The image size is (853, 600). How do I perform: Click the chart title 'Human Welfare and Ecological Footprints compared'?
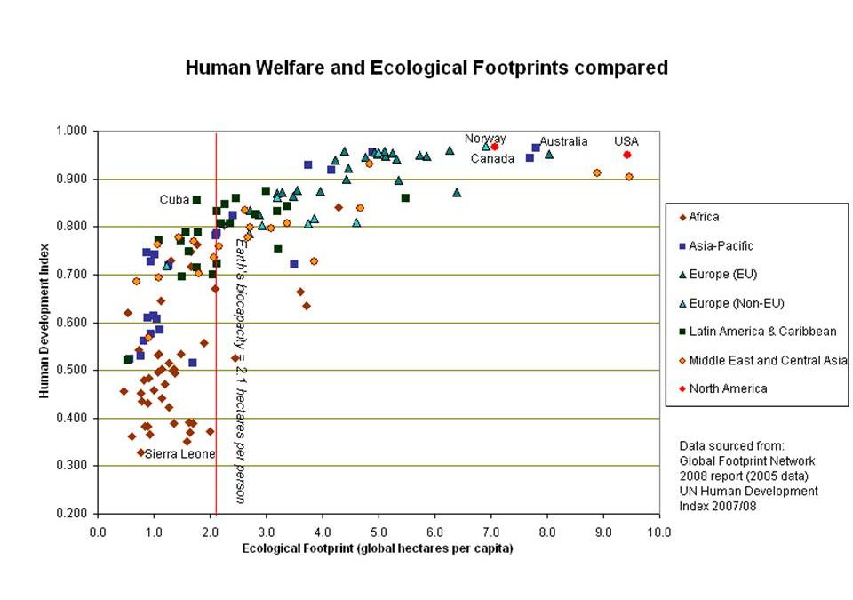coord(426,68)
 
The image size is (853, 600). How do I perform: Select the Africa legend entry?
coord(704,217)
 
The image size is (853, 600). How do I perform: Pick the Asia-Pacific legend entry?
coord(721,246)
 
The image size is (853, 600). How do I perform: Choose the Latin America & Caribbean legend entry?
coord(762,332)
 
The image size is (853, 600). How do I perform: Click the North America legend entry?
coord(728,388)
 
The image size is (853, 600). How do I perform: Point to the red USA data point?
coord(626,155)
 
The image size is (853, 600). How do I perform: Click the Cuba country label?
coord(174,200)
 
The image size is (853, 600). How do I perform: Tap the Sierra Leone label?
coord(179,454)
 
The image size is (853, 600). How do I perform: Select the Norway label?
coord(485,139)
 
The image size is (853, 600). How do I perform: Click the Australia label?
coord(563,141)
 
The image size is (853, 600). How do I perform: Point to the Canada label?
coord(492,159)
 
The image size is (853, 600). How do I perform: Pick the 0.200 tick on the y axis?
coord(72,514)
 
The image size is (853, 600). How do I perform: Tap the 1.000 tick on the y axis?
coord(72,131)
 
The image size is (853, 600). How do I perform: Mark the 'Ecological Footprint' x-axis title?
coord(378,548)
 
